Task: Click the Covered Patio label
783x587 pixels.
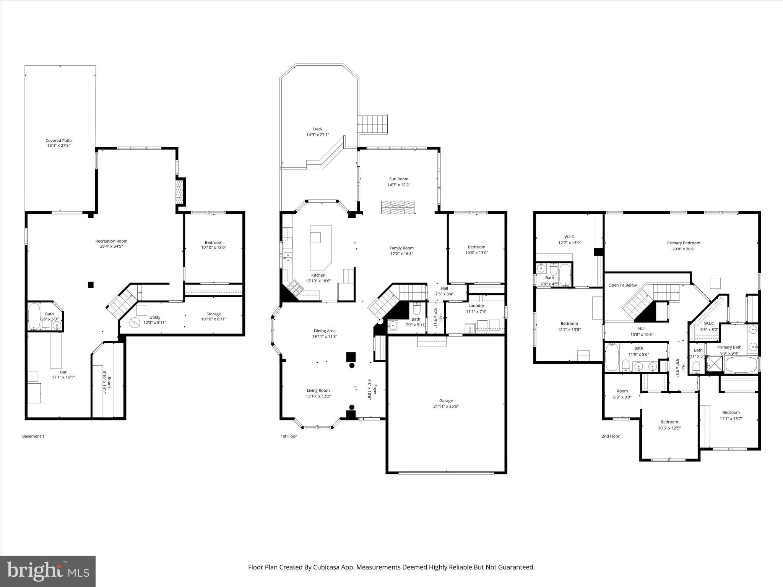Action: [58, 141]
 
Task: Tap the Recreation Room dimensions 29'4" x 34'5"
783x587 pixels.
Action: [111, 246]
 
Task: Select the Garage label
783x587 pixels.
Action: [446, 401]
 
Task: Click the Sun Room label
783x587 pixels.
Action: [399, 179]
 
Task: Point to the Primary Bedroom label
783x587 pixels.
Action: [684, 243]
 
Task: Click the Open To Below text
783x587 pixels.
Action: [622, 285]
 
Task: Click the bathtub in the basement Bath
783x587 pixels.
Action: [34, 316]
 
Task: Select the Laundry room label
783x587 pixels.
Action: [476, 306]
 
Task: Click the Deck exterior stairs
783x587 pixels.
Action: [373, 123]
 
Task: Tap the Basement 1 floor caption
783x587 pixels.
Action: [33, 436]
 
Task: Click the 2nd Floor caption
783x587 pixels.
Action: [610, 436]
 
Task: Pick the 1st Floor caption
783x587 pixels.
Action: [289, 436]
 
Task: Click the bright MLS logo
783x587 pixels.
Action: [48, 571]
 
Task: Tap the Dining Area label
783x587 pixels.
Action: [325, 331]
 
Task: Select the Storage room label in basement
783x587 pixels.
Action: [213, 314]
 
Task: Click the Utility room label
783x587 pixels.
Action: [155, 318]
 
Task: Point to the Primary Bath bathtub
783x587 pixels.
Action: [741, 365]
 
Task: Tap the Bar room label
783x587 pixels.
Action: [63, 372]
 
